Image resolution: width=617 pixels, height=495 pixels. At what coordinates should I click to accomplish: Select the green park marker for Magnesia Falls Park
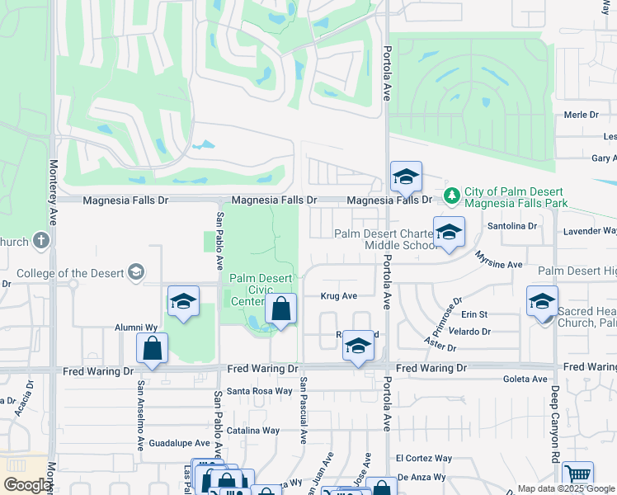(x=451, y=196)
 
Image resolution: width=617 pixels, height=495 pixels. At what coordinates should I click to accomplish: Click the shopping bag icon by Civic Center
(x=280, y=310)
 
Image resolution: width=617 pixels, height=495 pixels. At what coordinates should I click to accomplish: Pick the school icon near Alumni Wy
(x=184, y=303)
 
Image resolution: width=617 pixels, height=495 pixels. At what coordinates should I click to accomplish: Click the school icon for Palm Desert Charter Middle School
(x=449, y=233)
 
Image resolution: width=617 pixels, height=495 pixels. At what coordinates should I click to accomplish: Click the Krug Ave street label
(x=338, y=296)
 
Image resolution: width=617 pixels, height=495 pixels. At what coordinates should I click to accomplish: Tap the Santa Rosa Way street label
(x=260, y=391)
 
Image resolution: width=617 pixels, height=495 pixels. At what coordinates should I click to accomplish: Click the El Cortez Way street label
(x=424, y=458)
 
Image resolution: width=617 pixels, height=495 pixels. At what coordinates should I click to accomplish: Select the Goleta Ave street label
(x=525, y=379)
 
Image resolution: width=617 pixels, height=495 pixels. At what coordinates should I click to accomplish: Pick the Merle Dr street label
(x=581, y=115)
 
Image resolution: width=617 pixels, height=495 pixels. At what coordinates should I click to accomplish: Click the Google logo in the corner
(x=27, y=485)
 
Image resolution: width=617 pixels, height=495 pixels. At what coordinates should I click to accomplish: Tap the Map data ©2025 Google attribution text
(x=565, y=488)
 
